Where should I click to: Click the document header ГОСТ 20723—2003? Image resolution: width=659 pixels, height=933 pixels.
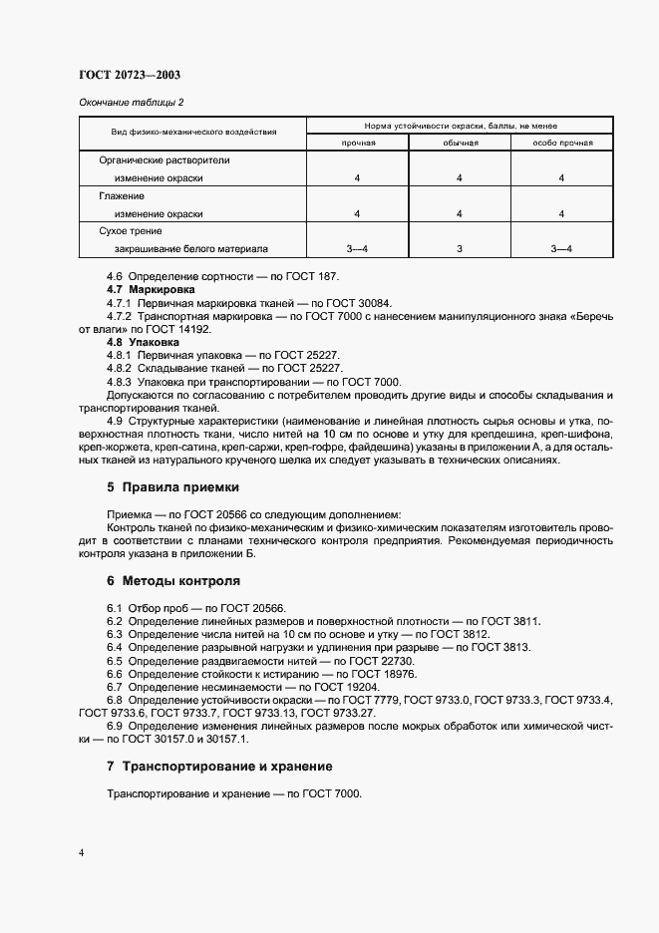coord(129,75)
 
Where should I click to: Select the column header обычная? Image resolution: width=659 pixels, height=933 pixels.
coord(460,143)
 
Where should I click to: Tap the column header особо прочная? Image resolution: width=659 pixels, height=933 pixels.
coord(561,143)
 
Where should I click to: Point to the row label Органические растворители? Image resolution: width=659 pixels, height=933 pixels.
coord(164,159)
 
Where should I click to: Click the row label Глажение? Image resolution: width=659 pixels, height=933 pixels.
coord(122,196)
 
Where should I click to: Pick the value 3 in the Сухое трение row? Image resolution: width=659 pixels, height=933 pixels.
coord(460,249)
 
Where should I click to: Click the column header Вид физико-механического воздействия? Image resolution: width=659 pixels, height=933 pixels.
coord(192,133)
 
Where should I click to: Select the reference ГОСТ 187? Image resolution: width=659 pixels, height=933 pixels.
coord(319,275)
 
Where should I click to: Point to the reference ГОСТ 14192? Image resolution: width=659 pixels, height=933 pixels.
coord(186,328)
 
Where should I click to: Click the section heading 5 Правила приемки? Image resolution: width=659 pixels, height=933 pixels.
coord(172,487)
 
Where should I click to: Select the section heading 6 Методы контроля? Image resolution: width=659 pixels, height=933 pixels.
coord(172,580)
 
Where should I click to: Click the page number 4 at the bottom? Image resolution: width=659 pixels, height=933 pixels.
coord(81,853)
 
